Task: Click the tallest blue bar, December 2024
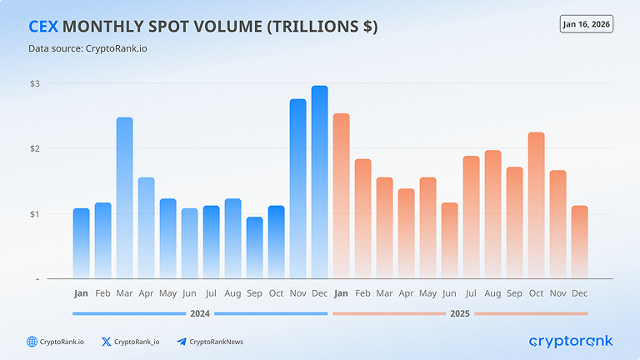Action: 320,182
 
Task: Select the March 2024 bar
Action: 124,198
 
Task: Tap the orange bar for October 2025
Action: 537,205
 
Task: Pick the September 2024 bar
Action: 255,247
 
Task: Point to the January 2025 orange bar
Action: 341,196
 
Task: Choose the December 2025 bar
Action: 580,242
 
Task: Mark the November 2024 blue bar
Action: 298,188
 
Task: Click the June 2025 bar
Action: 449,240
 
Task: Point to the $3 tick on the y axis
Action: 35,83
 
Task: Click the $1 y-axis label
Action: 35,214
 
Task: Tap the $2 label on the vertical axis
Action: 35,148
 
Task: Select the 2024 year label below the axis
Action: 200,313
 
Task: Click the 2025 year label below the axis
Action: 460,313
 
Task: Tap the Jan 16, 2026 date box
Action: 587,24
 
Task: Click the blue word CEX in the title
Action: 43,27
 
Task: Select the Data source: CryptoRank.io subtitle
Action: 87,48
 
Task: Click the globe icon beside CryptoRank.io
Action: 32,342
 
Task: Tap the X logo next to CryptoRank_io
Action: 106,342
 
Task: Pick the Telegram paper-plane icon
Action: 182,342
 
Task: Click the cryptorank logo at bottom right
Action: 571,341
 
